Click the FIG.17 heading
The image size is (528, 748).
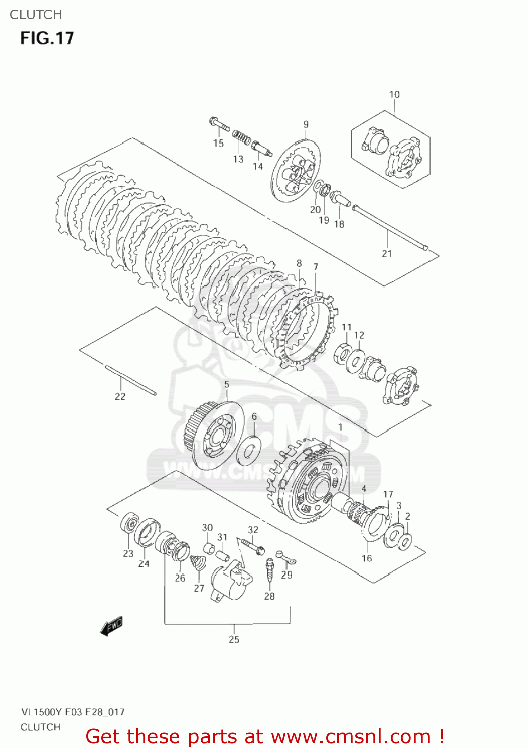pos(47,38)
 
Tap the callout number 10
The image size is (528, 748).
pos(394,94)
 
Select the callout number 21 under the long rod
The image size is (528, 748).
pos(387,254)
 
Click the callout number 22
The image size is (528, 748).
pos(120,397)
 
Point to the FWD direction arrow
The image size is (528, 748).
pos(111,626)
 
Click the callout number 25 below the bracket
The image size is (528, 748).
pos(234,639)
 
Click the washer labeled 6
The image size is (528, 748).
pos(248,448)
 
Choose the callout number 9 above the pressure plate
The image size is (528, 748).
pos(306,124)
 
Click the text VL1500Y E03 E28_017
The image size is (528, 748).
pos(72,712)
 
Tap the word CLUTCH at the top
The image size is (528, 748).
pos(36,15)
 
